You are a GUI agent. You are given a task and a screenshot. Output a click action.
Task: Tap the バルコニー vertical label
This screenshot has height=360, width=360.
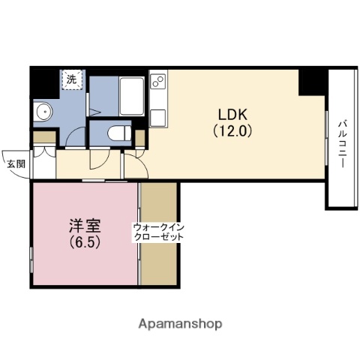tap(340, 142)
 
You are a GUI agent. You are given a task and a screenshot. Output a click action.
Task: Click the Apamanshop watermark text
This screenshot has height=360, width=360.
tap(180, 324)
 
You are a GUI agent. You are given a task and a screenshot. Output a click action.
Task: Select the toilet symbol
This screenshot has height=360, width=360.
tap(118, 133)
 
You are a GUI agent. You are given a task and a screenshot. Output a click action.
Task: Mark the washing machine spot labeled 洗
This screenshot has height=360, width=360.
tap(72, 79)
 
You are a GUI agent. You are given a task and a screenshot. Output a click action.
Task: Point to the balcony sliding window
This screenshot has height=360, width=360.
tap(327, 142)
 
